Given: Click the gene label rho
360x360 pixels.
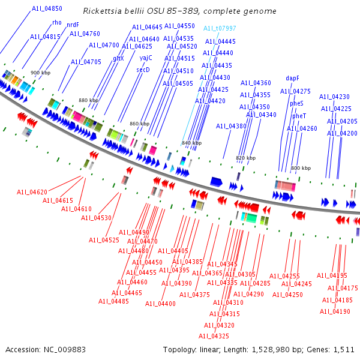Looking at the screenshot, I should (x=57, y=22).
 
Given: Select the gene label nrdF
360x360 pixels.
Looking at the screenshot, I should (x=73, y=25).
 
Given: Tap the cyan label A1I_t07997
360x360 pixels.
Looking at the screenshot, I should (x=220, y=28).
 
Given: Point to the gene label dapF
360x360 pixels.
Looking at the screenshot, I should (x=292, y=78).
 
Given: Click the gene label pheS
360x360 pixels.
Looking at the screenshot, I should (x=296, y=103).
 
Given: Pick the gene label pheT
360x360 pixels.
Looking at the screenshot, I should (x=299, y=116).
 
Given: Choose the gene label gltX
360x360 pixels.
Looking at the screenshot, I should (x=118, y=58).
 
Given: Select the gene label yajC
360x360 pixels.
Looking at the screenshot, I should (x=146, y=58).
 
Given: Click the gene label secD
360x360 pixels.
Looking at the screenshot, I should (x=143, y=70).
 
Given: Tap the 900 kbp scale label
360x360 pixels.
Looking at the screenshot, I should (x=39, y=73).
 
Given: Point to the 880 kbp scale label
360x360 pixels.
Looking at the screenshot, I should (x=88, y=100).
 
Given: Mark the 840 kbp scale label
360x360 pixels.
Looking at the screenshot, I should (x=191, y=143).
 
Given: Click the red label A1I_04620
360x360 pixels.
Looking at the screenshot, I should (x=32, y=192).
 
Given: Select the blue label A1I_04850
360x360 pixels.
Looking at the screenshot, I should (x=47, y=8).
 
